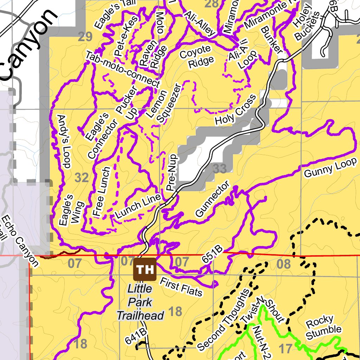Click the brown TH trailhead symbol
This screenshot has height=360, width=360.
coord(144,269)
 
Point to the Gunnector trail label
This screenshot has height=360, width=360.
coord(212,199)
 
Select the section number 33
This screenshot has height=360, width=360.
coord(220,169)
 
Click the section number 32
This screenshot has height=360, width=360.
coord(82,178)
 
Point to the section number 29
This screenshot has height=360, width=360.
coord(85,37)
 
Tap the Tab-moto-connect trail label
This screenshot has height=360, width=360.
coord(122,69)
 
